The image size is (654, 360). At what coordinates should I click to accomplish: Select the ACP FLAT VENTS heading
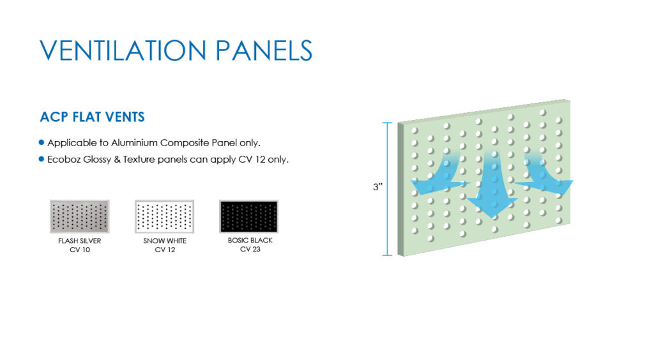tap(92, 117)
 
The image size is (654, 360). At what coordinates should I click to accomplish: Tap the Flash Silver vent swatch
tap(79, 216)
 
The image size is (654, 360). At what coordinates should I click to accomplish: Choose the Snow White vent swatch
tap(164, 216)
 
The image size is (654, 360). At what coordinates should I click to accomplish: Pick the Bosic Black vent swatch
tap(249, 216)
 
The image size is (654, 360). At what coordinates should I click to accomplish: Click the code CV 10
tap(79, 249)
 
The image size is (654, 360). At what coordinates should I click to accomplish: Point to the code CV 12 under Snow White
tap(164, 249)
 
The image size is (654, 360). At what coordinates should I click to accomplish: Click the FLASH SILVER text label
tap(79, 241)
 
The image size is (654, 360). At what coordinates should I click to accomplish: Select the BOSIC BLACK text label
tap(250, 241)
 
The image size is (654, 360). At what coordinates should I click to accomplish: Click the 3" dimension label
tap(377, 188)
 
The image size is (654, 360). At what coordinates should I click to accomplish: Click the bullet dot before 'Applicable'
tap(42, 142)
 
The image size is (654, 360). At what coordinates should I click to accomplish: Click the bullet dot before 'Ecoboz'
tap(42, 159)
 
